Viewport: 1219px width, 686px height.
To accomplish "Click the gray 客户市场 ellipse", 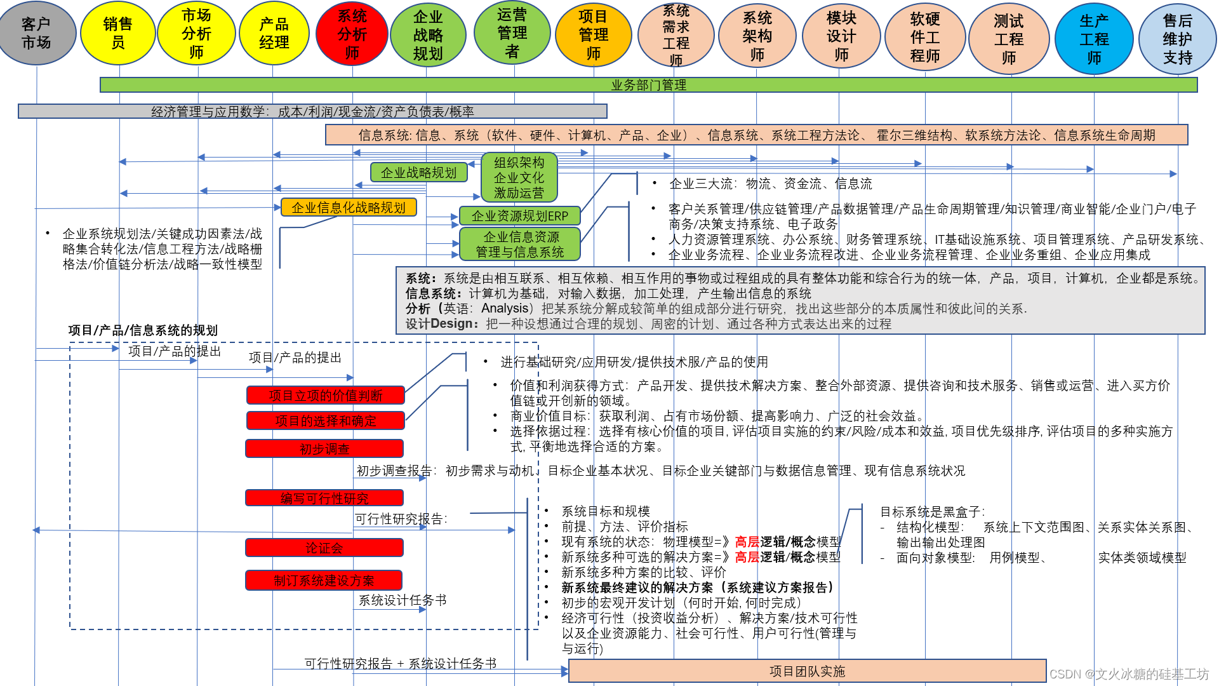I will (36, 34).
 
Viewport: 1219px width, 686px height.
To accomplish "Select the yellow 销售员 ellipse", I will (117, 34).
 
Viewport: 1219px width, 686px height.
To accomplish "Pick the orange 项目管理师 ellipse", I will (593, 35).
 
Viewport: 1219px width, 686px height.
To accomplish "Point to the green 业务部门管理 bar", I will (648, 85).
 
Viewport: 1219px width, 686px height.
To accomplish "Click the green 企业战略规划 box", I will (418, 173).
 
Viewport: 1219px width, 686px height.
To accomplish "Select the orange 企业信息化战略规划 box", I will (349, 208).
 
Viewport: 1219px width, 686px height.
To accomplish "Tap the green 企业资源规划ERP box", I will (519, 216).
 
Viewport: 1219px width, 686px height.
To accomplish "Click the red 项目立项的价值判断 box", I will (326, 396).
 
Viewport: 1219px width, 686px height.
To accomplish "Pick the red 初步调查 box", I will (324, 449).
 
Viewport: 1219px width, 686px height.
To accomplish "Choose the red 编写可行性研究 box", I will (324, 499).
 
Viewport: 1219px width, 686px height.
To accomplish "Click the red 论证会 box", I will (324, 548).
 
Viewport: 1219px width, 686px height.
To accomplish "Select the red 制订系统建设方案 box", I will (324, 581).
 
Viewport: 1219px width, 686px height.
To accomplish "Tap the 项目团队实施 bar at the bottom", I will (807, 671).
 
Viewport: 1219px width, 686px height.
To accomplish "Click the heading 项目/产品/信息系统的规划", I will (143, 330).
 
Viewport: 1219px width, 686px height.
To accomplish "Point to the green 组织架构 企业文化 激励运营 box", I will (519, 178).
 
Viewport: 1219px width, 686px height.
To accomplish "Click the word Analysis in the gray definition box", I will (505, 309).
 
